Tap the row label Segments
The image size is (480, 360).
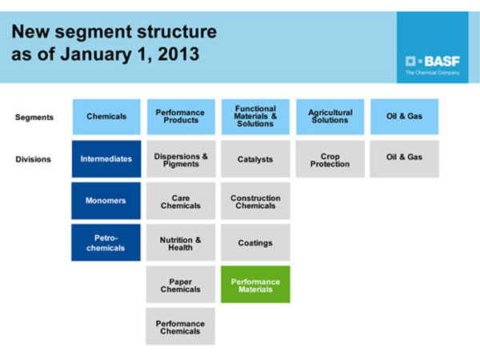34,117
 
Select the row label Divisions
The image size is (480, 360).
33,159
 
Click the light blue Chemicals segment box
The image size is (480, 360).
106,117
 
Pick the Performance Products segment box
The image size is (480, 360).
180,117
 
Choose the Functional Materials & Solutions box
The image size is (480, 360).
255,117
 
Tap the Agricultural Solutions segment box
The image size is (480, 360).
330,117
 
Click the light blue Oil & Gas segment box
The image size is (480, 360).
404,117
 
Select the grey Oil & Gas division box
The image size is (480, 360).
404,158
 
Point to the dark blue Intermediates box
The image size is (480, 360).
106,159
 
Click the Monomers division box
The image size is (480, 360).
106,201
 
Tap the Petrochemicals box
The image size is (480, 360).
106,242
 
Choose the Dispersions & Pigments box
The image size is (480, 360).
180,159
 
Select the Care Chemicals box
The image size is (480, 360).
180,202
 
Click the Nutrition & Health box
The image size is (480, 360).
180,243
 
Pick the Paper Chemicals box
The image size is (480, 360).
180,285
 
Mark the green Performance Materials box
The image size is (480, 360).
255,285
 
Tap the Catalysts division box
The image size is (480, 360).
255,159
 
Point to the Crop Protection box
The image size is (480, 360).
330,159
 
